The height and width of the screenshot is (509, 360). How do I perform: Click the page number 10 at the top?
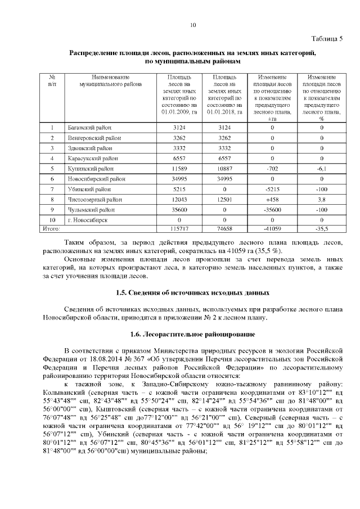tap(192, 25)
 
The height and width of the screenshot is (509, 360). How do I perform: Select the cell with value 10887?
tap(224, 168)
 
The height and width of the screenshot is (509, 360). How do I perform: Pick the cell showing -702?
tap(272, 168)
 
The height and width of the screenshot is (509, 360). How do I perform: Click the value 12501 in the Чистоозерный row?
tap(224, 199)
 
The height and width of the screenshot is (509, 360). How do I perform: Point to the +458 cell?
tap(272, 199)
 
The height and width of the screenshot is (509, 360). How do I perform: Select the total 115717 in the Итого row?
tap(179, 229)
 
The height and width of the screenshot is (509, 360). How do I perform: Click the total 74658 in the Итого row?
tap(224, 229)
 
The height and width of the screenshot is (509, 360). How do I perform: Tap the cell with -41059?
tap(272, 229)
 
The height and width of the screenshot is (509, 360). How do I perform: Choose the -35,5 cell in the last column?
tap(322, 229)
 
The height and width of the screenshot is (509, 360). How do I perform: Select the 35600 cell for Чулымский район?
tap(179, 209)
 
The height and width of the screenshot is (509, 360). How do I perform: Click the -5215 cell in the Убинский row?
tap(272, 189)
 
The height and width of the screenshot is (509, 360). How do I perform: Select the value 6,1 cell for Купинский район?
tap(322, 168)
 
